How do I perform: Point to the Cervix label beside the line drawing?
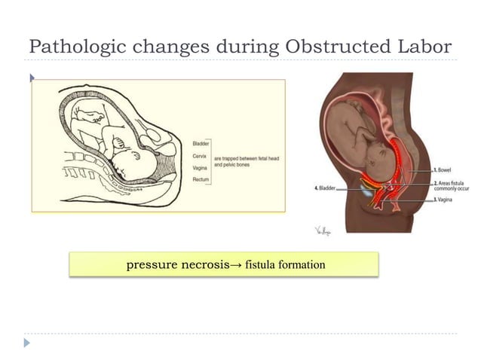click(201, 156)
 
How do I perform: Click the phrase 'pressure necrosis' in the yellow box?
click(177, 265)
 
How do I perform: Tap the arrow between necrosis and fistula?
click(234, 265)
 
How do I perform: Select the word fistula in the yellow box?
click(256, 265)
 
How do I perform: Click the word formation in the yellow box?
click(301, 265)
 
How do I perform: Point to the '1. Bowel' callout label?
click(443, 171)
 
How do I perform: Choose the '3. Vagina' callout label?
click(444, 200)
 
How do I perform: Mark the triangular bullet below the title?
click(31, 77)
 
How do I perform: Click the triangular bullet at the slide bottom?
click(28, 343)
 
